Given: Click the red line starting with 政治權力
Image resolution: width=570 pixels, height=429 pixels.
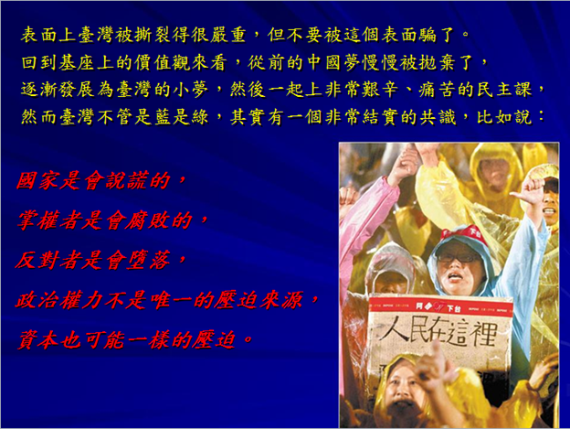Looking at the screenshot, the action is coord(167,301).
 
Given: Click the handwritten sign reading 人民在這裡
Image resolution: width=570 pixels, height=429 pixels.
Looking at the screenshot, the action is coord(439,335).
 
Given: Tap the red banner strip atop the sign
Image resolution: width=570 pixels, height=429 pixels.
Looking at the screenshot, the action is coord(440,307).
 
